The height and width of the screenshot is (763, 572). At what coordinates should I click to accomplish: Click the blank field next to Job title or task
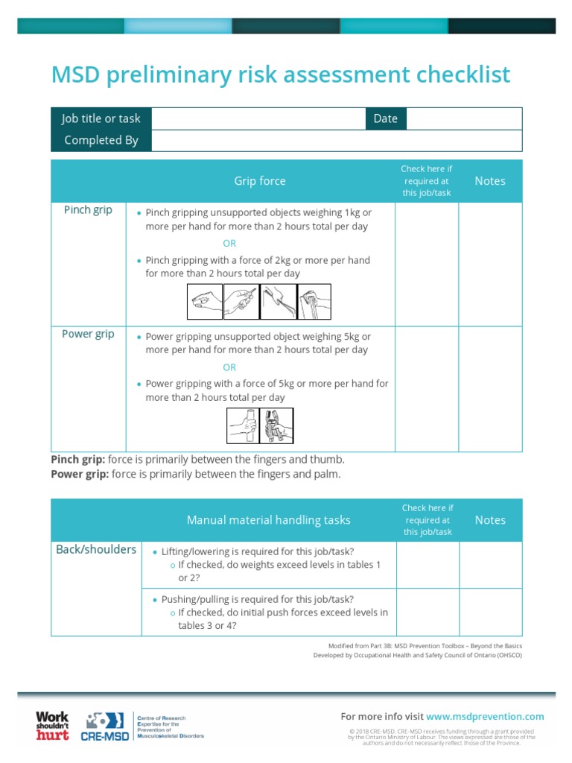(x=258, y=118)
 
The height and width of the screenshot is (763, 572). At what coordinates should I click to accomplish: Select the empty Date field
(x=463, y=118)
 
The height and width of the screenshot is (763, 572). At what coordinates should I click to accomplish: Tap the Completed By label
(x=101, y=140)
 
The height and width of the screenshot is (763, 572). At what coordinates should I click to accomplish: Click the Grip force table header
(x=260, y=181)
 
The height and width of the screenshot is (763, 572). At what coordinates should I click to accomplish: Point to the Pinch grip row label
(x=88, y=210)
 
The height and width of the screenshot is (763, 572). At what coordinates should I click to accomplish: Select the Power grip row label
(x=88, y=334)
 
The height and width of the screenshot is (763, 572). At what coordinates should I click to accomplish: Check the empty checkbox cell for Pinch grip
(x=426, y=264)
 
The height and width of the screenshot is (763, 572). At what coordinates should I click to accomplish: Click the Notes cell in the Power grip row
(x=490, y=388)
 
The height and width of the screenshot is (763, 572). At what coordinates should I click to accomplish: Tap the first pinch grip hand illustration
(x=204, y=302)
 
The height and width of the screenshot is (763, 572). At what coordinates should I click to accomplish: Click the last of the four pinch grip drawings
(x=314, y=302)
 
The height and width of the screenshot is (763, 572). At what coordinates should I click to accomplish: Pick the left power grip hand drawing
(x=243, y=426)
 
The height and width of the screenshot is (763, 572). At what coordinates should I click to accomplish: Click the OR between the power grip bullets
(x=229, y=367)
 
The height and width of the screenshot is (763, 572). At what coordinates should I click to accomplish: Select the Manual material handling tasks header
(x=268, y=520)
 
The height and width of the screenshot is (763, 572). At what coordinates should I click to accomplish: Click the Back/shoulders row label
(x=96, y=550)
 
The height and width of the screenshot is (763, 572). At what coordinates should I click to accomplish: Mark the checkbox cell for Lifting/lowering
(x=428, y=565)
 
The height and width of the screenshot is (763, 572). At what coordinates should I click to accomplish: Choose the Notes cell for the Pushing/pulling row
(x=490, y=612)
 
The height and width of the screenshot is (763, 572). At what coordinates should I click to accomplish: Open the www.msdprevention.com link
(x=485, y=717)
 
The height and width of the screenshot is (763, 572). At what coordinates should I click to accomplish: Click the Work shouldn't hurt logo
(x=52, y=726)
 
